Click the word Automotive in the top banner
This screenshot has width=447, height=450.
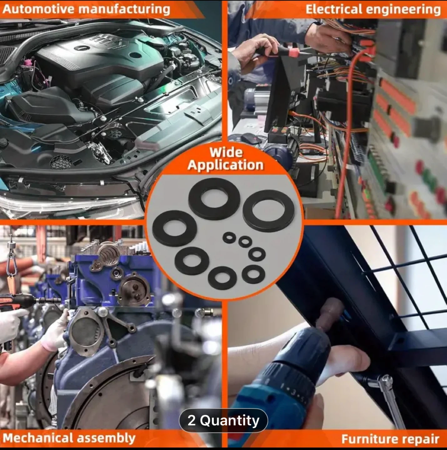point(38,9)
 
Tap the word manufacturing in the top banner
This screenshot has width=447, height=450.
point(124,9)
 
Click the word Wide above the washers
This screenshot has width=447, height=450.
point(226,152)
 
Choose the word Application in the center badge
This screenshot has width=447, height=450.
point(225,165)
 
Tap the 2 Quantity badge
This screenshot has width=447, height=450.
point(223,420)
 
